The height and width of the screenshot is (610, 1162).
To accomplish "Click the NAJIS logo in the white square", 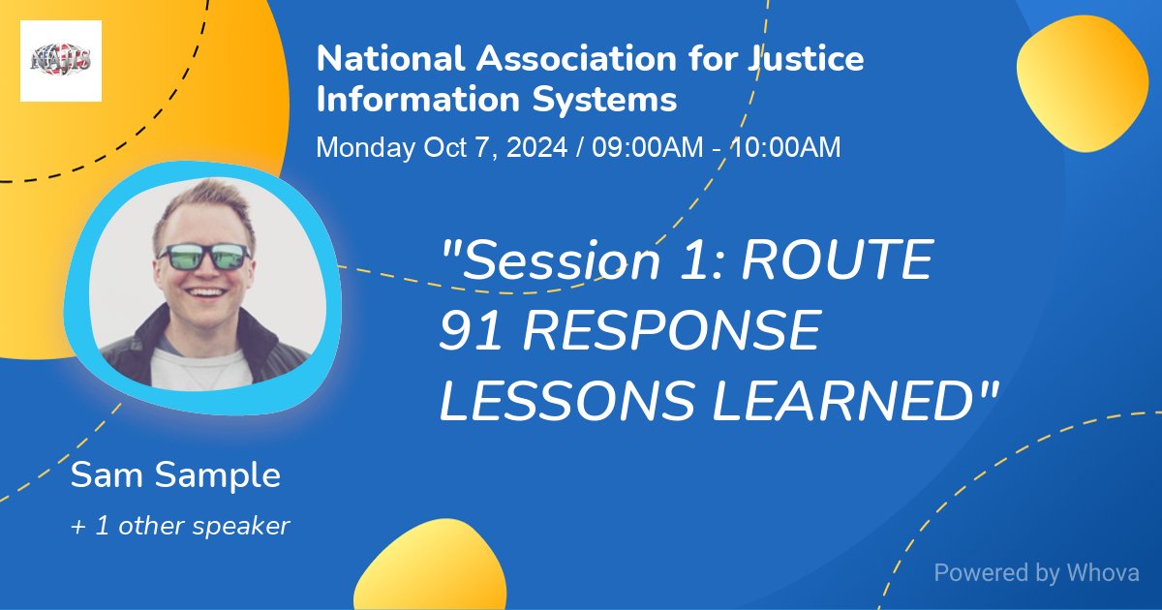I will tap(61, 61).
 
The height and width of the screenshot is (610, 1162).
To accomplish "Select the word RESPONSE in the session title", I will tap(667, 332).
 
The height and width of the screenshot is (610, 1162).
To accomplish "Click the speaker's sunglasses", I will tap(204, 257).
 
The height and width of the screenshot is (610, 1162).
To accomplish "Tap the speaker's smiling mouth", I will tap(205, 290).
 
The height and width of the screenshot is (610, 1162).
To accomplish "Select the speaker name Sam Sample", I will tap(175, 475).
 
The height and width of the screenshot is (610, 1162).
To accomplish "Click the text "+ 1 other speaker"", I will tap(180, 527).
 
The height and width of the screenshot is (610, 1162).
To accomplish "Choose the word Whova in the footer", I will tap(1103, 573).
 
